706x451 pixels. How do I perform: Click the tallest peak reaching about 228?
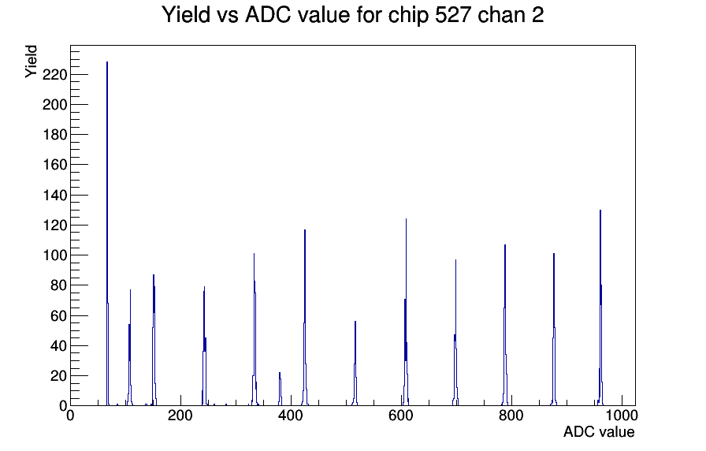(107, 234)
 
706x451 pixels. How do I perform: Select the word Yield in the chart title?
(186, 14)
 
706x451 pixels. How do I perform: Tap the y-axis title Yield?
(31, 61)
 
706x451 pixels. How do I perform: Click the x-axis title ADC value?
(599, 431)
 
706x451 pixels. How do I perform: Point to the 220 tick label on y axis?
(54, 74)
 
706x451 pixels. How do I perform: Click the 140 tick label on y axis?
(54, 195)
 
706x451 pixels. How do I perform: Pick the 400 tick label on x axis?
(291, 415)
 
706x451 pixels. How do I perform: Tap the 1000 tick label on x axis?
(622, 415)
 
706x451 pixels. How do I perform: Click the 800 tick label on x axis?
(511, 415)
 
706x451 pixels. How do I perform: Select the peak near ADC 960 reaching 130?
(600, 307)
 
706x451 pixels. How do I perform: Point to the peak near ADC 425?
(305, 318)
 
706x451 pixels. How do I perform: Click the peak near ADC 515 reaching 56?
(355, 363)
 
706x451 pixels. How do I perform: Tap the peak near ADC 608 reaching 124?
(406, 311)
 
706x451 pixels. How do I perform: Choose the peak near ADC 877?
(554, 330)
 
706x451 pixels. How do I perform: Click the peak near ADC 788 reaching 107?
(505, 325)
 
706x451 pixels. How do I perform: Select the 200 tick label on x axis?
(180, 415)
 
